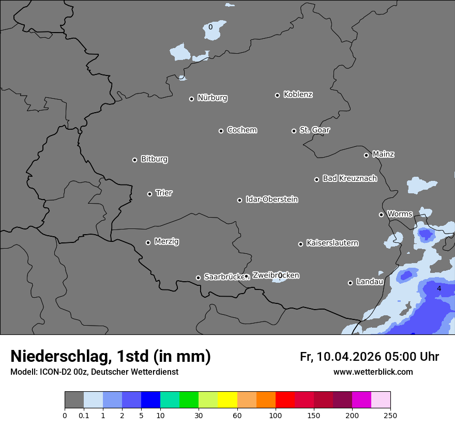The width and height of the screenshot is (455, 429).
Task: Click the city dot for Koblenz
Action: (x=278, y=95)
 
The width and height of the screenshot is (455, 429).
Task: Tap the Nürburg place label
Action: (x=212, y=98)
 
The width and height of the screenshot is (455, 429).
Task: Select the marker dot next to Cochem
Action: (x=221, y=131)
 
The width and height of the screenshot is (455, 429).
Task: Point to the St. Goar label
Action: (x=314, y=130)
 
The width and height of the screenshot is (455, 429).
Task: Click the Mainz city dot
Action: (x=367, y=155)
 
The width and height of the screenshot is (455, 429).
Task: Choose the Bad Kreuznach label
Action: (x=350, y=178)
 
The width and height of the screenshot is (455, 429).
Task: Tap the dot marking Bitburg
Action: (x=135, y=160)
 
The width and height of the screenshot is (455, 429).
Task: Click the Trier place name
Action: (x=164, y=193)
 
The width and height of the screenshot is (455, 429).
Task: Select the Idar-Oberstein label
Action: (x=271, y=199)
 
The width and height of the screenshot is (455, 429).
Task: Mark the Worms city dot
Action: (x=382, y=214)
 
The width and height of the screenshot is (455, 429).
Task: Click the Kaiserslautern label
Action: (x=332, y=243)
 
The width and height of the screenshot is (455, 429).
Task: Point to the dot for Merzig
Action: (x=148, y=242)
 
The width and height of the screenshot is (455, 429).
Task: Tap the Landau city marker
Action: (x=351, y=283)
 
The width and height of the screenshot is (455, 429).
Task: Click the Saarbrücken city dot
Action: (x=198, y=278)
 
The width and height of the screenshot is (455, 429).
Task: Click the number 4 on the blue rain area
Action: (x=439, y=288)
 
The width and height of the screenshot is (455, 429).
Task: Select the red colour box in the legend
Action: (x=285, y=400)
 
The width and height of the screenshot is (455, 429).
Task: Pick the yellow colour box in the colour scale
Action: (x=228, y=400)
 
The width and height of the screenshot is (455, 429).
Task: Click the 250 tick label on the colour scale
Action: (x=390, y=415)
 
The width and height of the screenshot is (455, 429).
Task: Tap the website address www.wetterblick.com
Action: (x=373, y=372)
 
